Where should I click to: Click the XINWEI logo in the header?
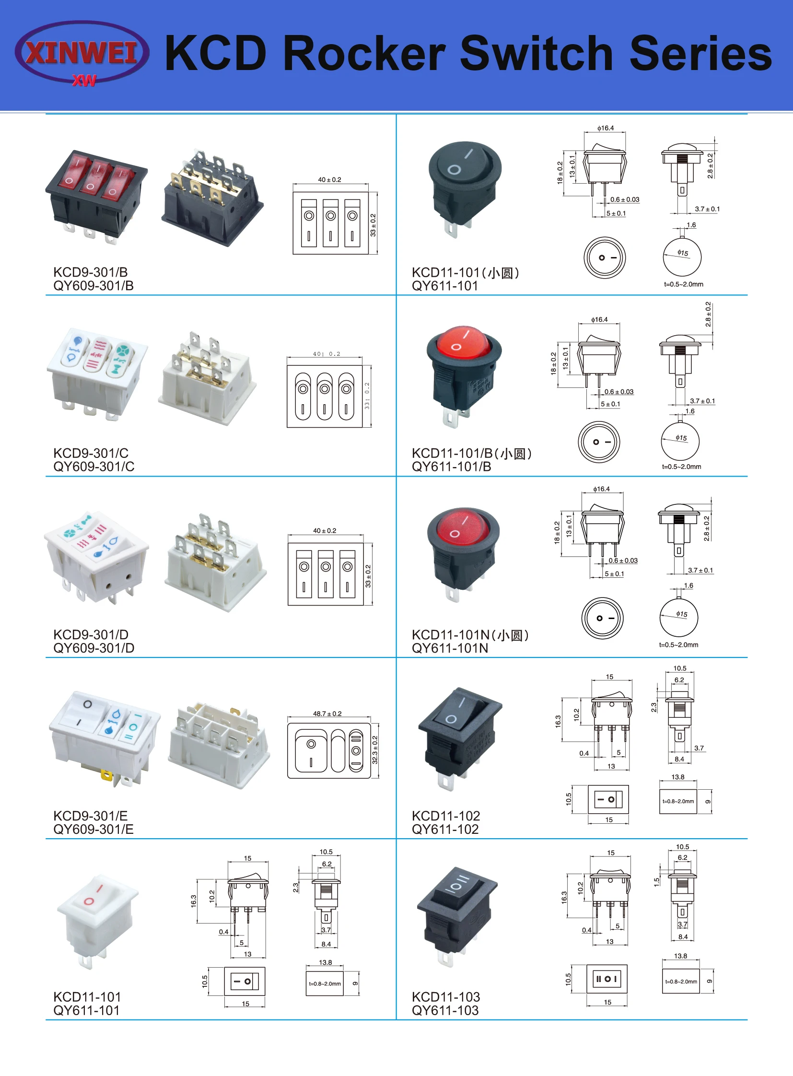coord(82,52)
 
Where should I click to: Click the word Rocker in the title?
coord(364,54)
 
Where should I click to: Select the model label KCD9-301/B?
coord(91,272)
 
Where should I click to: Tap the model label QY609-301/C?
coord(94,467)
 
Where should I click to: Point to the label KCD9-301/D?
coord(91,635)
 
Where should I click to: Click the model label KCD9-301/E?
coord(91,816)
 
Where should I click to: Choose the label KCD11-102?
coord(446,816)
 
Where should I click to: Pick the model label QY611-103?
coord(445,1010)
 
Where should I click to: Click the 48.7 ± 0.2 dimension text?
coord(327,714)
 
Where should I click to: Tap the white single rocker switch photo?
coord(97,920)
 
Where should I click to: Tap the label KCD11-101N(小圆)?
coord(470,635)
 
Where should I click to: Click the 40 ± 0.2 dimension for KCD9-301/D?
coord(325,530)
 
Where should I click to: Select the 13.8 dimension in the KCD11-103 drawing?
coord(680,956)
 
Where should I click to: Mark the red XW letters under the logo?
coord(84,81)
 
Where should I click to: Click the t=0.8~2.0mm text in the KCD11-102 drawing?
coord(678,801)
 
